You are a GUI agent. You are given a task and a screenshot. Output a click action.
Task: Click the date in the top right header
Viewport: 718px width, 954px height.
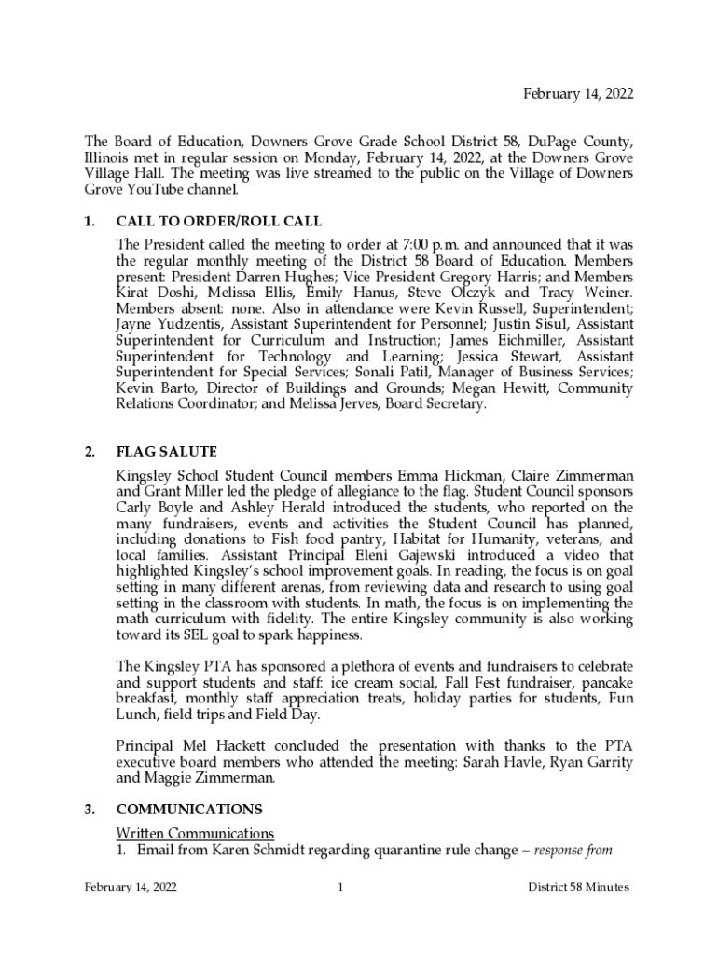(577, 93)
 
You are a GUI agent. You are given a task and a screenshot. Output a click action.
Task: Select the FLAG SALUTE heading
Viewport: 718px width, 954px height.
(166, 452)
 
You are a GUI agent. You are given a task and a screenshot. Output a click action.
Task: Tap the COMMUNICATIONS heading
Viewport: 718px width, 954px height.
(188, 809)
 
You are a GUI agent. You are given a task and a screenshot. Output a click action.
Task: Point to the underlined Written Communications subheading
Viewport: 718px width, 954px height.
(195, 832)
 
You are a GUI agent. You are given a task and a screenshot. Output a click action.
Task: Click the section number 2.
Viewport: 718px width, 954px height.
(89, 452)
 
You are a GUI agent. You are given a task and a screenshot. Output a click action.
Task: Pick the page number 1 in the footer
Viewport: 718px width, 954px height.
(341, 887)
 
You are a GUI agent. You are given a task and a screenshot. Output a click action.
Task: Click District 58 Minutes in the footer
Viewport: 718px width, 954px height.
(578, 887)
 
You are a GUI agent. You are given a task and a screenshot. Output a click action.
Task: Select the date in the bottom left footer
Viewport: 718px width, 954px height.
(131, 887)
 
